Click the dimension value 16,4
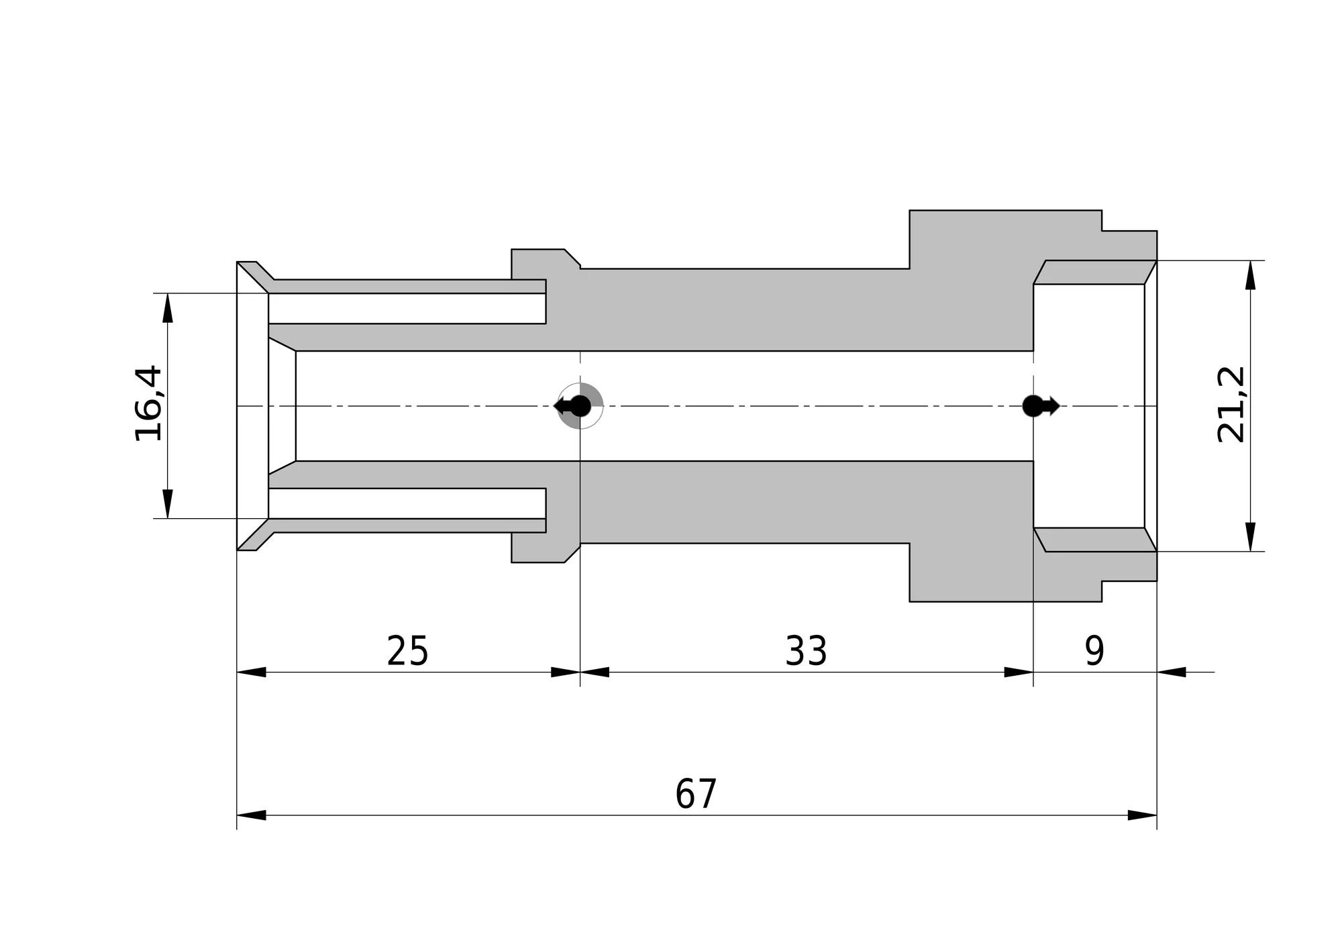148,403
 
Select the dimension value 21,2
1231,404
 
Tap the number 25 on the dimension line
407,650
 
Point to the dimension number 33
806,650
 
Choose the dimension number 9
1094,650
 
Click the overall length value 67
696,794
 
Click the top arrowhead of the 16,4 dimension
168,308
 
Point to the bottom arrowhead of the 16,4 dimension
168,503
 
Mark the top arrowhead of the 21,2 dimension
1250,275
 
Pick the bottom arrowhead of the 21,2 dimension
1250,537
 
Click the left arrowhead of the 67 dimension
252,815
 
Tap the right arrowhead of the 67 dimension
1142,815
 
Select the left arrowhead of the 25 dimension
252,672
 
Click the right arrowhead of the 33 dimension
1019,672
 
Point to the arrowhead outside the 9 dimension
1172,672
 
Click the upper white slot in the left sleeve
407,308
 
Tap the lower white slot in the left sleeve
407,503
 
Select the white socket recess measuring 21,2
1088,406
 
